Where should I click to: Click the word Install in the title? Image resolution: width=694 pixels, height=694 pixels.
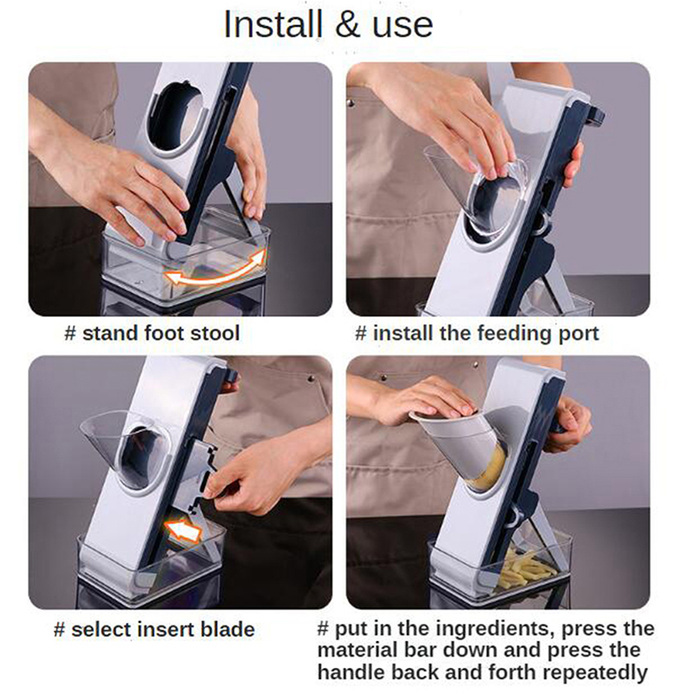(272, 25)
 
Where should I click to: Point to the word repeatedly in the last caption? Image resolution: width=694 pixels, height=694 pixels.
(594, 673)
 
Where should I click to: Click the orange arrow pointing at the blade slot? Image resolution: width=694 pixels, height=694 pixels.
(184, 529)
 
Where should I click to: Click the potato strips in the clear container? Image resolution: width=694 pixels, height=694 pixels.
(527, 570)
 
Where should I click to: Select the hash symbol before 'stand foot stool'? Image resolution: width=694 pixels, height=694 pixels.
(70, 333)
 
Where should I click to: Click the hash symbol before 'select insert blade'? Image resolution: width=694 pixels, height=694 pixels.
(59, 630)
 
